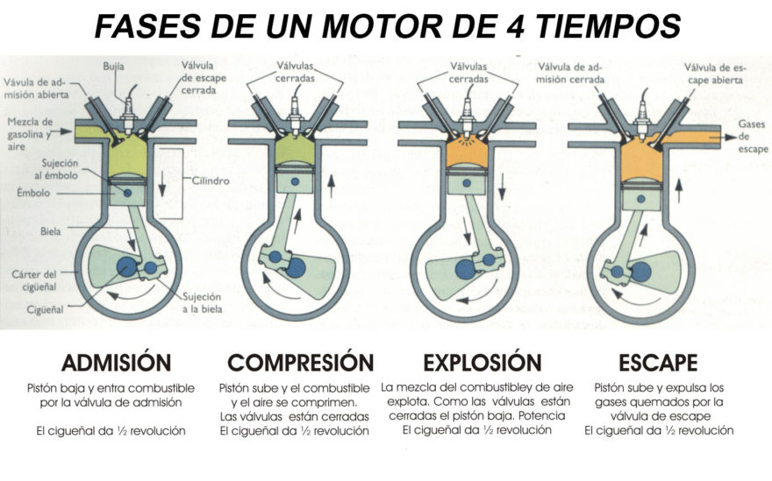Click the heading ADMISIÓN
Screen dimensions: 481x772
point(116,362)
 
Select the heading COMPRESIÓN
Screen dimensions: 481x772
point(300,362)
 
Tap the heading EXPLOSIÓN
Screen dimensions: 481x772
point(482,362)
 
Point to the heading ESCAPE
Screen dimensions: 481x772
point(656,362)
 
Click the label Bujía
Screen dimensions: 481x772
point(114,65)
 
